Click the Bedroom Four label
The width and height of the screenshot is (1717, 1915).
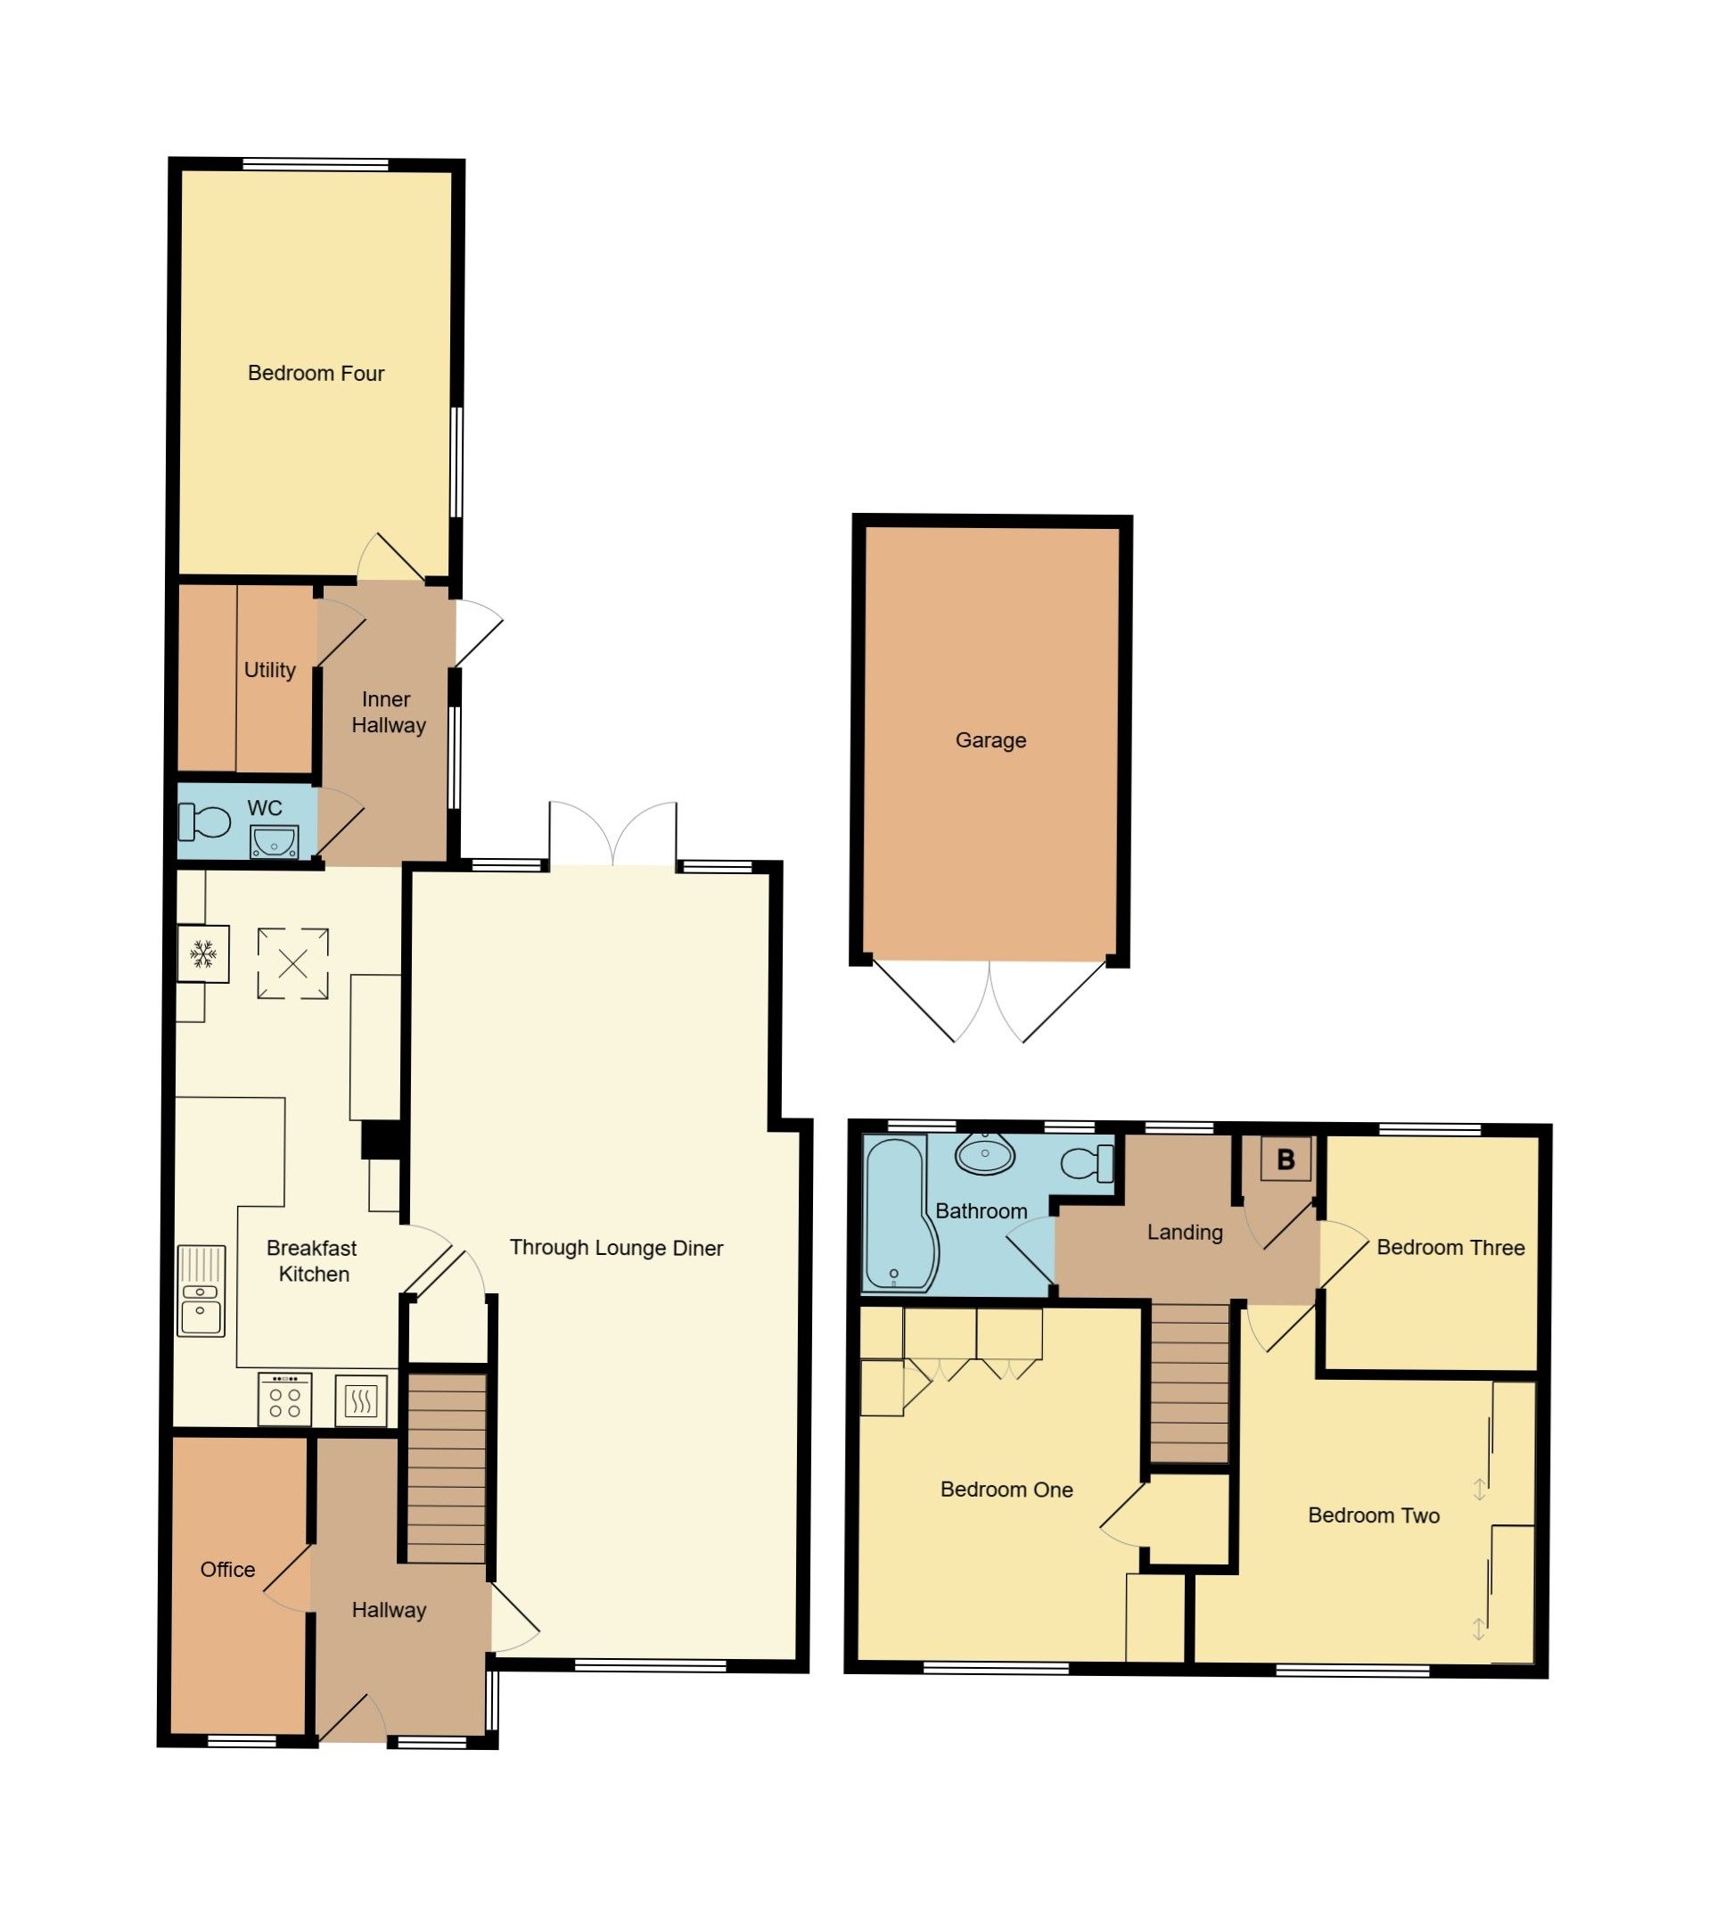[x=316, y=374]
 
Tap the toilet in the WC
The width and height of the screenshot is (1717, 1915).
[x=204, y=822]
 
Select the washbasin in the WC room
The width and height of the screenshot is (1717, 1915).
[x=275, y=841]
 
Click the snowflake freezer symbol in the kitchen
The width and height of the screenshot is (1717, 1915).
[x=203, y=954]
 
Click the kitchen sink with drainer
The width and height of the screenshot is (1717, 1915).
[x=201, y=1291]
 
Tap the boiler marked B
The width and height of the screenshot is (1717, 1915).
[x=1285, y=1160]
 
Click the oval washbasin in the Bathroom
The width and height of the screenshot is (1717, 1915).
[x=985, y=1153]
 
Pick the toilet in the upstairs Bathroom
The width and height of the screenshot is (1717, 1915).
[x=1089, y=1164]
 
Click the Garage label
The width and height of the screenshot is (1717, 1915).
[x=990, y=741]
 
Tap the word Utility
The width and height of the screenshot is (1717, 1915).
[x=270, y=670]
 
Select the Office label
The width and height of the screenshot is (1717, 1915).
[x=227, y=1570]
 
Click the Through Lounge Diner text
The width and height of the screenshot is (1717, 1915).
[x=616, y=1248]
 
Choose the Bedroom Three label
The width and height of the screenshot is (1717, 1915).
[x=1450, y=1248]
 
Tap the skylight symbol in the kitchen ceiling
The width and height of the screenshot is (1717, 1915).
[x=293, y=963]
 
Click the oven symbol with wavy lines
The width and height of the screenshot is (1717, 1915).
[x=361, y=1400]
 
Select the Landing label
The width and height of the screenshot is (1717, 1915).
[x=1184, y=1233]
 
